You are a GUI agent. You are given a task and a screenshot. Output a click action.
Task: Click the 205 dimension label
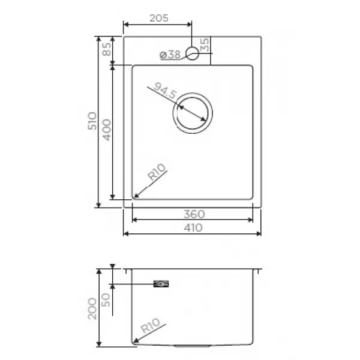(159, 18)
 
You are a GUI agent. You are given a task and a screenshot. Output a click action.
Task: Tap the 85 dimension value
(107, 49)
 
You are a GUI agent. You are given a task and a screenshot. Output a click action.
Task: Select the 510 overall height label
(92, 121)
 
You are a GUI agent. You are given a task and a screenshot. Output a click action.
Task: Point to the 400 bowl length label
(107, 130)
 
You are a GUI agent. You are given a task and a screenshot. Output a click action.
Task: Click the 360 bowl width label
(194, 214)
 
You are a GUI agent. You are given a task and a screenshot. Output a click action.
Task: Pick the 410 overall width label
(193, 228)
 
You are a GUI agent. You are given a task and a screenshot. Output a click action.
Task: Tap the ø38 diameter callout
(170, 55)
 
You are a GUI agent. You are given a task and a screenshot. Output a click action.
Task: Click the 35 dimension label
(205, 44)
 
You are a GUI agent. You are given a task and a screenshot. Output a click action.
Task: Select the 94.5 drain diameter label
(166, 90)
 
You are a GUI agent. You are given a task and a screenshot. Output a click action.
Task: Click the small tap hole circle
(193, 47)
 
